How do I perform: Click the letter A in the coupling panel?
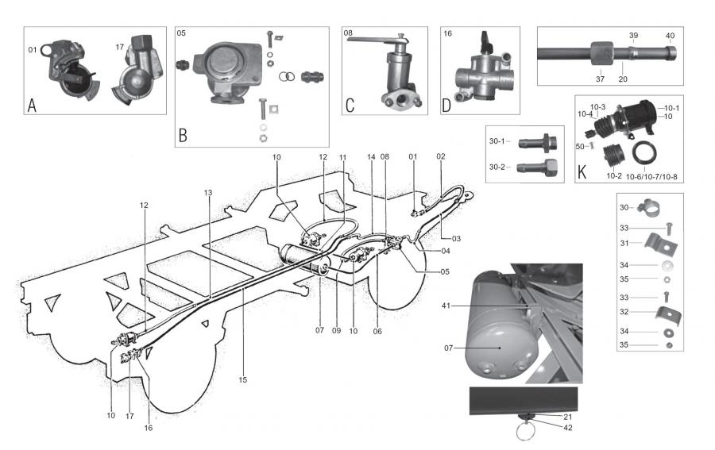(32, 104)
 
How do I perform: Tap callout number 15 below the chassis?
(242, 379)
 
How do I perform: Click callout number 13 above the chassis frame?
(208, 192)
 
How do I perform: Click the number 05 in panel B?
(182, 34)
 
